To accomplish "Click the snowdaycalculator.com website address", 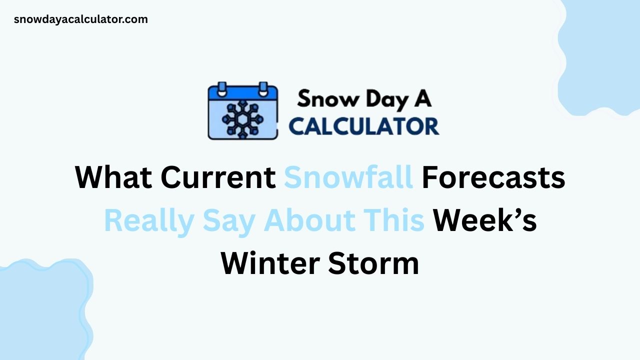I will (x=81, y=19).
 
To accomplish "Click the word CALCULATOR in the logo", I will (x=364, y=126).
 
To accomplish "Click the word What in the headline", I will (x=113, y=177).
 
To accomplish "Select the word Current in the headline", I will (x=217, y=177).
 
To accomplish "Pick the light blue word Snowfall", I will (x=348, y=177).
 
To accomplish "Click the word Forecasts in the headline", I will (x=493, y=177).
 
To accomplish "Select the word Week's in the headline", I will (x=484, y=221).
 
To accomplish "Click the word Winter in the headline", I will (x=270, y=264).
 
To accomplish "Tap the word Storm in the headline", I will (x=373, y=264).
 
